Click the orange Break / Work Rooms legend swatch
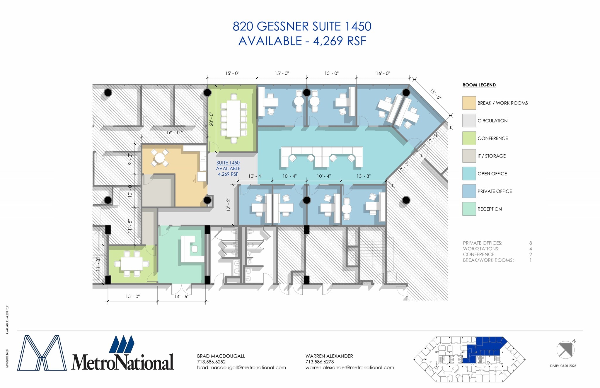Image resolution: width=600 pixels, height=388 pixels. click(469, 103)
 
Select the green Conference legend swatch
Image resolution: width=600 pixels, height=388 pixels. click(469, 138)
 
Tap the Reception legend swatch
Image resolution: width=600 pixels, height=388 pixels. click(469, 209)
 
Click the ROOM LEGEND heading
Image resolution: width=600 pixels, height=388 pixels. click(479, 85)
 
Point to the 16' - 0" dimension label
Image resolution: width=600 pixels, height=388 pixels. click(383, 73)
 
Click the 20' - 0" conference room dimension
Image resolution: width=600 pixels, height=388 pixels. click(211, 119)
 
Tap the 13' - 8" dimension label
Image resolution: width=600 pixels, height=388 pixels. click(363, 176)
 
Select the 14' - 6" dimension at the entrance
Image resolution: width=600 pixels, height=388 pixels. click(181, 296)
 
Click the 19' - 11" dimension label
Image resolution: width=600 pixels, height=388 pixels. click(174, 132)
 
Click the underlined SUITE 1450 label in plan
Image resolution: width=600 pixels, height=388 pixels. click(228, 163)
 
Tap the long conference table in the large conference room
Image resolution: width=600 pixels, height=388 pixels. click(233, 118)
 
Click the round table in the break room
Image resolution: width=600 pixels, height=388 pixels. click(160, 158)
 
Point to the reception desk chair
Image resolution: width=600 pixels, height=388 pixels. click(194, 249)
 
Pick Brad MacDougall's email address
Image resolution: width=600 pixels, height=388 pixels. click(241, 368)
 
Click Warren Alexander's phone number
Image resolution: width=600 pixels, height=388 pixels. click(320, 362)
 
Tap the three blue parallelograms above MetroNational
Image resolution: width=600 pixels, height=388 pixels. click(122, 344)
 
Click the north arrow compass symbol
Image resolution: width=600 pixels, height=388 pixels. click(565, 349)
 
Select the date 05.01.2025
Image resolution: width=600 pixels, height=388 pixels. click(568, 366)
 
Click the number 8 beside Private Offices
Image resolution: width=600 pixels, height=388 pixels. click(530, 243)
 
